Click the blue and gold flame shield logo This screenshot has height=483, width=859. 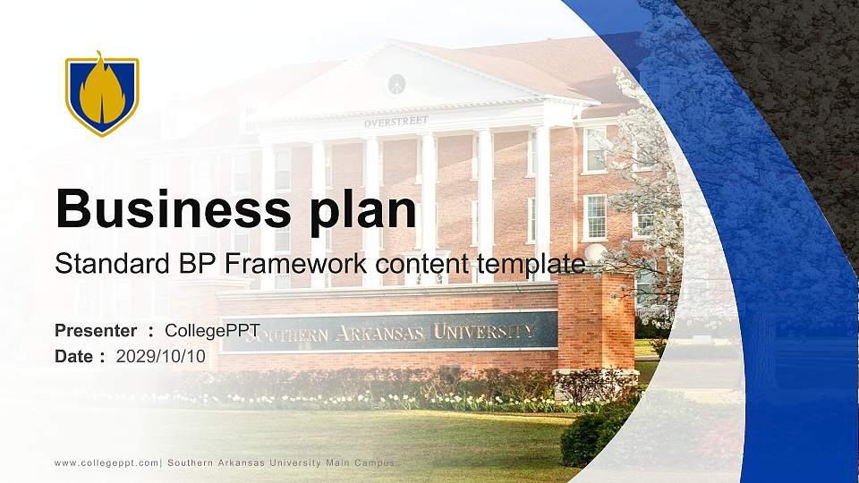click(x=102, y=94)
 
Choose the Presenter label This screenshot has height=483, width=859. click(x=96, y=331)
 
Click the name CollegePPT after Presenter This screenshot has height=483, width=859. click(x=213, y=331)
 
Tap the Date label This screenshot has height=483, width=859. click(x=74, y=356)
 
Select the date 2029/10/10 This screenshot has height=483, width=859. click(x=161, y=356)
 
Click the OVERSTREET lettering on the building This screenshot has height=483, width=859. click(x=395, y=121)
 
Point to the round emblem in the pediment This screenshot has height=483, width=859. click(x=396, y=84)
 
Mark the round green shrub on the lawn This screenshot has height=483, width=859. click(x=590, y=436)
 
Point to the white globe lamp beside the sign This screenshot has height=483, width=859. click(x=594, y=253)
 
